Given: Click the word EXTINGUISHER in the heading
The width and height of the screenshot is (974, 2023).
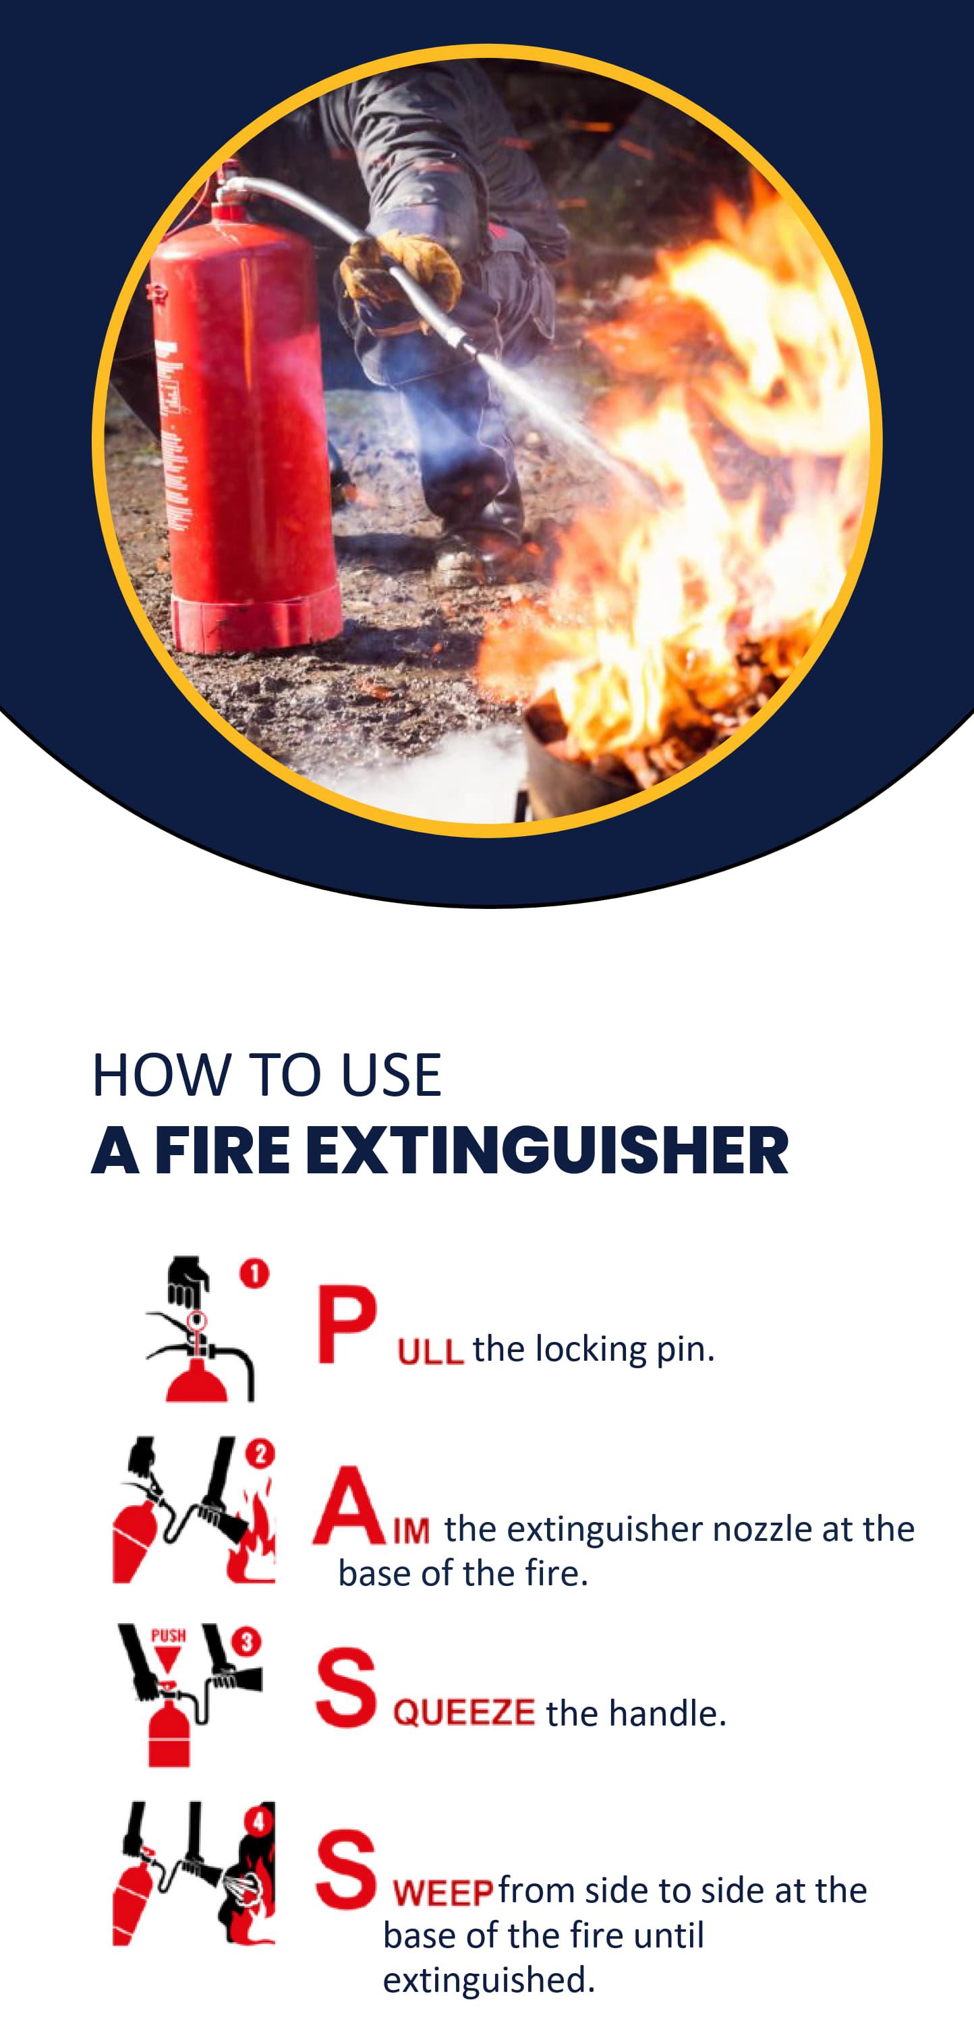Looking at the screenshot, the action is point(547,1150).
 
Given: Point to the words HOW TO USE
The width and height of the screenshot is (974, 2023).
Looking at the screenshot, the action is point(267,1075).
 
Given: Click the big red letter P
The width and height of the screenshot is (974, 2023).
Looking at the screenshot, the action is point(347,1324).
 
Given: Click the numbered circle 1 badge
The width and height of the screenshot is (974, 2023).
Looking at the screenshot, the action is point(254,1273).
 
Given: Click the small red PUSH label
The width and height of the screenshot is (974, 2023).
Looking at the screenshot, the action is point(168,1635).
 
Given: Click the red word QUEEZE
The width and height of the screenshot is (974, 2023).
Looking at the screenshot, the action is point(464,1712).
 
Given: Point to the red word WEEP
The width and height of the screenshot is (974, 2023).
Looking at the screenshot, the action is point(444,1893).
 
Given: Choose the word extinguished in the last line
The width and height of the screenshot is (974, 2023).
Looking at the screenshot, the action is point(488,1980).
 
